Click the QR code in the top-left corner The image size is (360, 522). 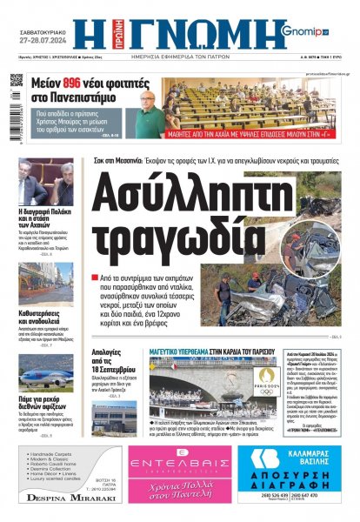point(17,84)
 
